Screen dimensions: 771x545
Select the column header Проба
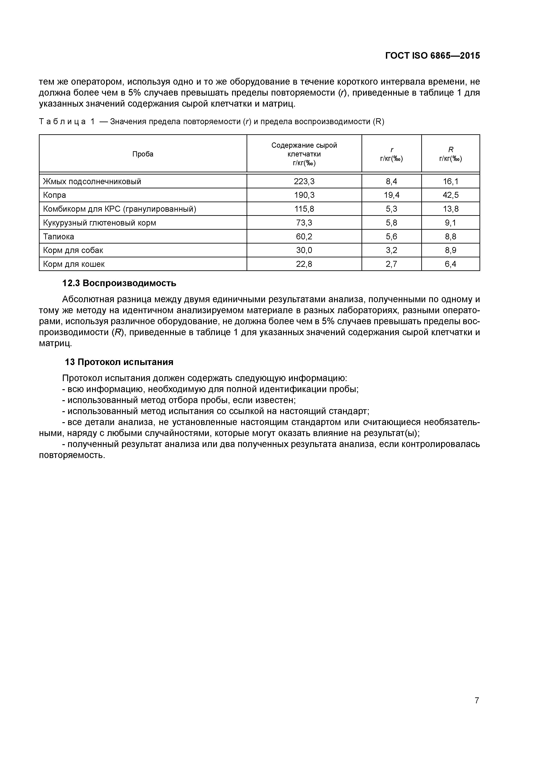[143, 154]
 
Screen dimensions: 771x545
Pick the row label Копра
[54, 195]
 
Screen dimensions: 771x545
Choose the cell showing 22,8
[304, 264]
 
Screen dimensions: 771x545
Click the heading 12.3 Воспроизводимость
[119, 283]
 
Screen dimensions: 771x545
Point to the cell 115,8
[304, 209]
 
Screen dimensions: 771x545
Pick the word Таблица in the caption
[62, 122]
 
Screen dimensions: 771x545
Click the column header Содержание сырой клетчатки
[304, 150]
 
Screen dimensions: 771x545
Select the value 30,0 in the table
[304, 250]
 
